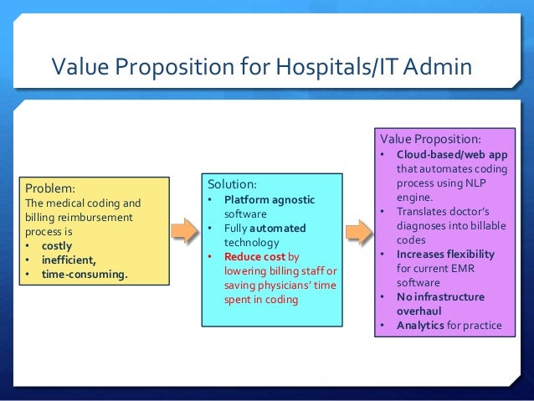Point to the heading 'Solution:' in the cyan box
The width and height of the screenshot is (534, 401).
pos(233,183)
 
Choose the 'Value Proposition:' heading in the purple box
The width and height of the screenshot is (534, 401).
pos(430,138)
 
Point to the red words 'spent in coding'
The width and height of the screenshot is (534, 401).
pos(261,299)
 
